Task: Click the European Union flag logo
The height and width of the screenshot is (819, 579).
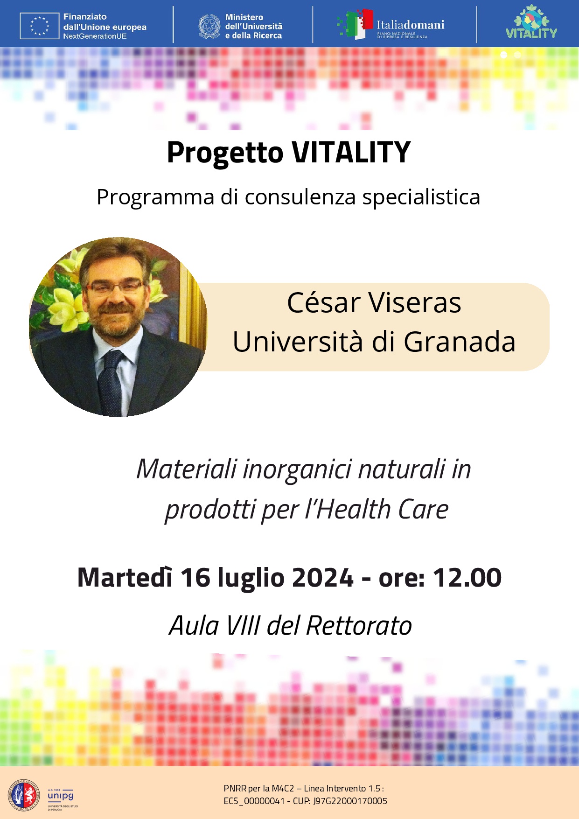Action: click(39, 26)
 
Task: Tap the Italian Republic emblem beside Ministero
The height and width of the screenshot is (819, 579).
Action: click(209, 26)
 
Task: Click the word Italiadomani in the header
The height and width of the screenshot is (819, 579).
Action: click(410, 25)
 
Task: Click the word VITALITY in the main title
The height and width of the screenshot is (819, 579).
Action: click(351, 153)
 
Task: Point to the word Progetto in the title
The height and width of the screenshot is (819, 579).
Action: click(225, 153)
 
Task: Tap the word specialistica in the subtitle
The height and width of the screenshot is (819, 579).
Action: click(421, 197)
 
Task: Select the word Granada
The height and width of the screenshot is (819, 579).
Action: click(460, 342)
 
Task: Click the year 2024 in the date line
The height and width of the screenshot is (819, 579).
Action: click(322, 578)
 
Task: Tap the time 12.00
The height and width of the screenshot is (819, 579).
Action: click(467, 578)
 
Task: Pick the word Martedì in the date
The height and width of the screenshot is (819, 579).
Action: click(125, 578)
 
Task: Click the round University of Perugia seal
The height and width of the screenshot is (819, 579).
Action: click(23, 795)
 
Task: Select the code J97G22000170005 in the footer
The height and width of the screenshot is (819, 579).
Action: click(350, 801)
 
